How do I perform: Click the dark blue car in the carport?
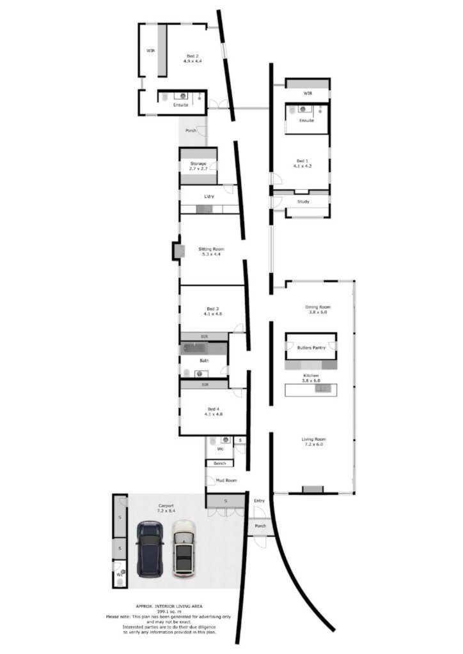tap(150, 549)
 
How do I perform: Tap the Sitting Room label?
tap(211, 252)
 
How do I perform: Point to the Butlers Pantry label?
tap(311, 347)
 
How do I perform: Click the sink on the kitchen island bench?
tap(322, 389)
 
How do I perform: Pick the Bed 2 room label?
tap(192, 58)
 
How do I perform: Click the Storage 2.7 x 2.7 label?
tap(198, 166)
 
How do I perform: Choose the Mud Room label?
tap(226, 480)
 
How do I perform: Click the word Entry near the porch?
tap(259, 501)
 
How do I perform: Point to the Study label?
tap(304, 201)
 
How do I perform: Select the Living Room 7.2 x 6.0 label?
tap(313, 442)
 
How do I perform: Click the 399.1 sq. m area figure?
tap(169, 611)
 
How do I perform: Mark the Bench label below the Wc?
tap(219, 464)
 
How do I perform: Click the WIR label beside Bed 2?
tap(150, 50)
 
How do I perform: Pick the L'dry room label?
tap(208, 197)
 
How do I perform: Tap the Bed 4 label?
tap(214, 412)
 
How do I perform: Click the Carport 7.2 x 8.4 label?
tap(166, 508)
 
